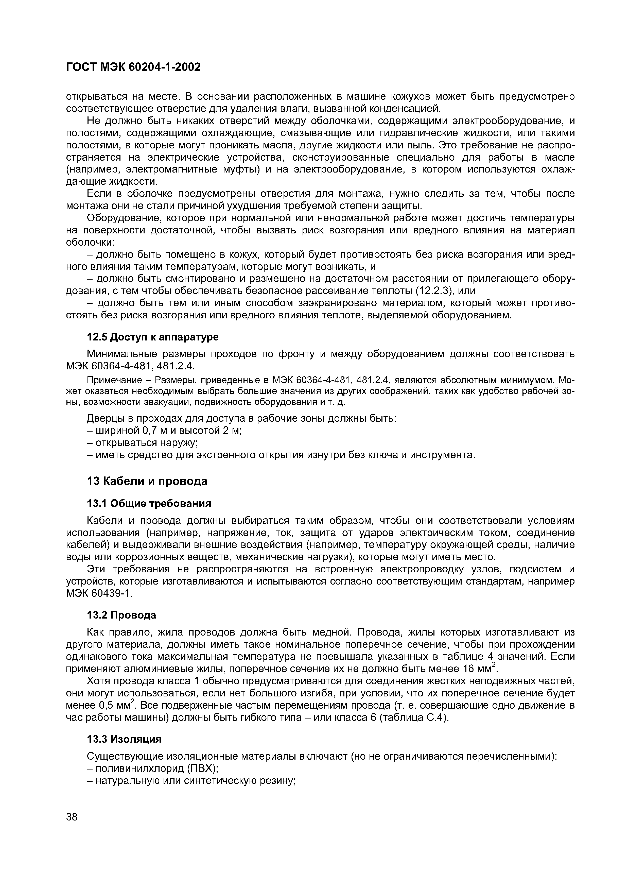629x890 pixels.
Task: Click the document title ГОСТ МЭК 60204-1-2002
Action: click(x=133, y=67)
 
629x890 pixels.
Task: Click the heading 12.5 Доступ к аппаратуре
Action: click(x=152, y=337)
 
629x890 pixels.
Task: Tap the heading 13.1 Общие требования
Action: click(x=149, y=503)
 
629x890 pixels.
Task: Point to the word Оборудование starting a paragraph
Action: click(x=123, y=218)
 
